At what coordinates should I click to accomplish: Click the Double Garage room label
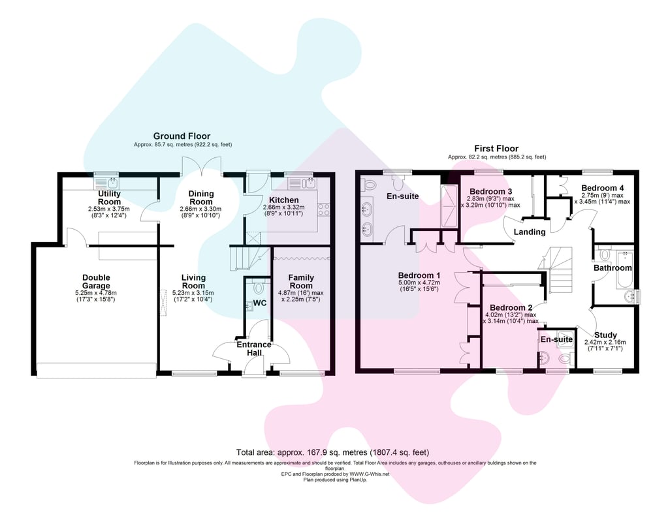96,281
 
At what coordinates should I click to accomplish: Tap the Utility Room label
109,198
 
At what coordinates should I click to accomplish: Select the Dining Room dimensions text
200,212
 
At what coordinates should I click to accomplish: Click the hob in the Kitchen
324,209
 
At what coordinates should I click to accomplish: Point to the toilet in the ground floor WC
259,286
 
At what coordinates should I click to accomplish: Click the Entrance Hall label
254,349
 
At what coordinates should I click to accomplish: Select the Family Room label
301,281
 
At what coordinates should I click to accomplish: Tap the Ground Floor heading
182,136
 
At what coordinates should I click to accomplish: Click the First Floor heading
496,148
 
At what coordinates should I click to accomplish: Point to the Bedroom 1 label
419,275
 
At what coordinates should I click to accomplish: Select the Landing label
530,232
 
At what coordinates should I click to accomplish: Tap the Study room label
605,335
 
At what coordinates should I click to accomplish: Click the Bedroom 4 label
602,188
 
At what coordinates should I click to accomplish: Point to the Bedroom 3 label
490,191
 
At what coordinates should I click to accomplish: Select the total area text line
332,452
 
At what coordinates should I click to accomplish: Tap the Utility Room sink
107,182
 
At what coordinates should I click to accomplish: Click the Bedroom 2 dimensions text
511,318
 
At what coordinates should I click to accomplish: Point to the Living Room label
194,281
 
